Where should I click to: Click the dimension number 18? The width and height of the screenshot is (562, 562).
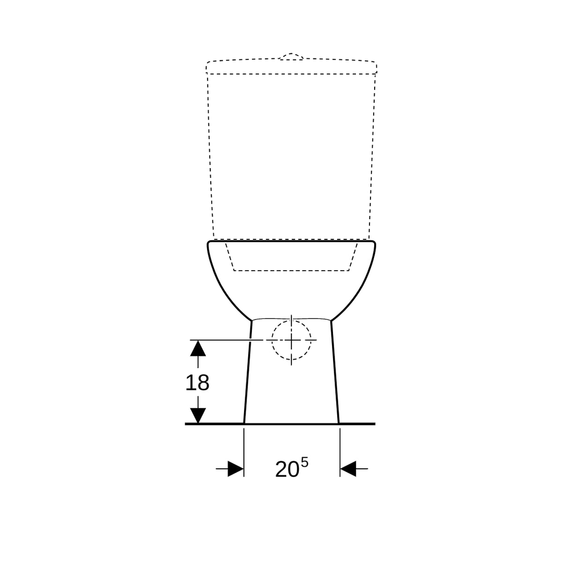point(197,383)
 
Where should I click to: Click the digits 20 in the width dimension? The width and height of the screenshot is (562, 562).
point(287,469)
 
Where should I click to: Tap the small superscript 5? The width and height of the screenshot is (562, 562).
point(304,463)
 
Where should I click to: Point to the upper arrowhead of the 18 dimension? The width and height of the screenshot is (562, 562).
point(198,348)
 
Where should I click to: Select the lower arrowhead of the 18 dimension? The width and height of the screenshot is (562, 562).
point(198,416)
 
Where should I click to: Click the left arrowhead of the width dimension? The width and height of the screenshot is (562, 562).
point(236,469)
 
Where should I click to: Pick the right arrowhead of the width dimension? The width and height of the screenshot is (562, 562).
point(348,469)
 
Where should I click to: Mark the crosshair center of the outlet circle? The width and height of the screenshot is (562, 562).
point(291,340)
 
